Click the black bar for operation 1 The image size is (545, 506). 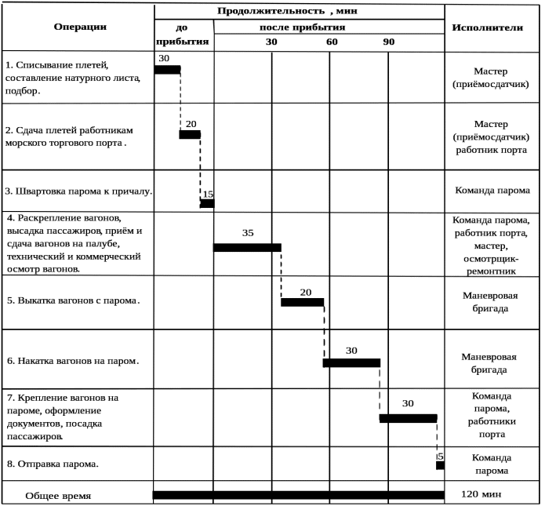tap(167, 70)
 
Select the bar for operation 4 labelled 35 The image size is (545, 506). tap(247, 248)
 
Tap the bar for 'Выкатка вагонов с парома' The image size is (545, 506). tap(302, 302)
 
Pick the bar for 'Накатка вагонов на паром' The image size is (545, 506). tap(351, 362)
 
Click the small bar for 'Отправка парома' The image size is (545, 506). tap(440, 465)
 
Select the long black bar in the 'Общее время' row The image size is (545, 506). tap(298, 495)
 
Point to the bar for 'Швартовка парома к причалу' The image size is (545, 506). tap(207, 204)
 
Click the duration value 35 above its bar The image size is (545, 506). tap(248, 233)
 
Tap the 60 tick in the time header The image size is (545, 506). tap(332, 42)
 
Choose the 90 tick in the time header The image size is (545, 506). tap(389, 42)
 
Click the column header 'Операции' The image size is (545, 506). tap(80, 27)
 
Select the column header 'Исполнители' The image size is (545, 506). tap(487, 27)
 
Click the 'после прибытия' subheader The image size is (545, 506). tap(302, 27)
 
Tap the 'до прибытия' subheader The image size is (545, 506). tap(182, 35)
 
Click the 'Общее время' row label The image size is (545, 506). tap(58, 496)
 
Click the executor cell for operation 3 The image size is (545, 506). tap(492, 190)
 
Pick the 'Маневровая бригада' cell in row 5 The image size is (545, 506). tap(491, 301)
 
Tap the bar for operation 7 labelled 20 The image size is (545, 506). tap(408, 418)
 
